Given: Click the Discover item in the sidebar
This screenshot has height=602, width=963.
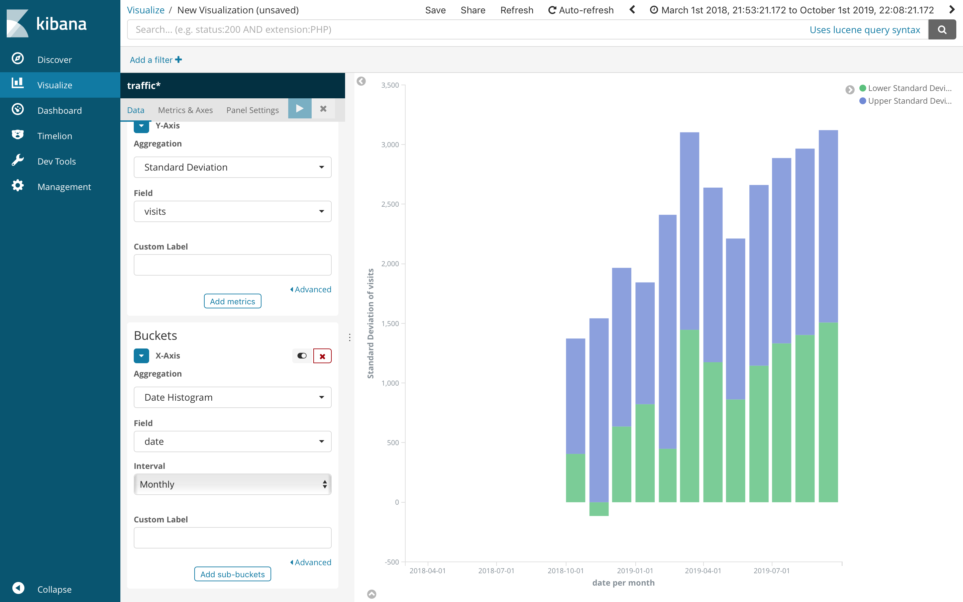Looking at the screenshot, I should click(x=54, y=60).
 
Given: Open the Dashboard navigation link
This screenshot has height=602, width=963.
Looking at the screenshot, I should click(x=59, y=110).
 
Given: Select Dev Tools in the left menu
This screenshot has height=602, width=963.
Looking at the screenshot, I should click(x=56, y=161).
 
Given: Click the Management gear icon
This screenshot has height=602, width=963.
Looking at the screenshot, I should click(x=17, y=186).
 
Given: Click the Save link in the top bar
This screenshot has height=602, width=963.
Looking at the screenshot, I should click(x=435, y=10).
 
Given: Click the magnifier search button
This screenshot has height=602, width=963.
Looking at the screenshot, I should click(x=942, y=30).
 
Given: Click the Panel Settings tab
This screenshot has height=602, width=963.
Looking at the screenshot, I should click(x=252, y=110).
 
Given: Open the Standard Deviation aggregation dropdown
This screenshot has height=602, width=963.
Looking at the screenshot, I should click(x=232, y=167).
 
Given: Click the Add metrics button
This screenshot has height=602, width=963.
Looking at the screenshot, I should click(x=232, y=301).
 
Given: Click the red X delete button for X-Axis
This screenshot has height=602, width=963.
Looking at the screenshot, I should click(x=322, y=356).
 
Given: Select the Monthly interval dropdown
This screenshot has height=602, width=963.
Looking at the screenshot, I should click(x=232, y=484).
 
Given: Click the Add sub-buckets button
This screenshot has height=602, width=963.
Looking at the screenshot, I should click(x=232, y=574).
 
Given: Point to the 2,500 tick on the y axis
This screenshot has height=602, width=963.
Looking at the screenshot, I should click(x=390, y=204).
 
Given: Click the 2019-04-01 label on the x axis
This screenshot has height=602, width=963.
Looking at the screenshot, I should click(x=703, y=571).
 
